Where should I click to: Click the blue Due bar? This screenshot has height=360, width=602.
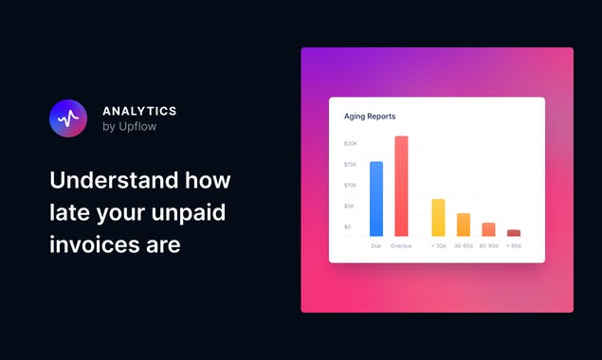[x=376, y=199]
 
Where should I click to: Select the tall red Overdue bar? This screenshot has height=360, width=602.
[x=401, y=187]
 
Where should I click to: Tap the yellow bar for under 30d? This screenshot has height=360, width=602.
[x=438, y=218]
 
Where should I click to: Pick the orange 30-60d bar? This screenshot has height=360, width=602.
[x=464, y=225]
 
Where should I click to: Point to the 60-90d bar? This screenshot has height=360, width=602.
[x=488, y=229]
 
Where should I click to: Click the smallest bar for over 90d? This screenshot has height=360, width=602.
[x=514, y=233]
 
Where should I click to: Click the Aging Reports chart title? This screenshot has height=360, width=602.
[x=370, y=117]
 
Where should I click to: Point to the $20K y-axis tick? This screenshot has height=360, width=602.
[x=350, y=144]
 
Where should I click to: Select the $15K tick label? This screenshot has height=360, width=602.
[x=350, y=165]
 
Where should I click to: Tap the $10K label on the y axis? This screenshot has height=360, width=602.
[x=350, y=186]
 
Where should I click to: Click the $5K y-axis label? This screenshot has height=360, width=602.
[x=349, y=207]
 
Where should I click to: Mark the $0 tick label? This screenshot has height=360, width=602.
[x=347, y=227]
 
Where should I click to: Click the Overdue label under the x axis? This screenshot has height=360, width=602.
[x=401, y=246]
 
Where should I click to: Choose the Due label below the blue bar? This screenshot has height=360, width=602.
[x=376, y=246]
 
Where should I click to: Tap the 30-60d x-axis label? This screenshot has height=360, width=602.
[x=464, y=246]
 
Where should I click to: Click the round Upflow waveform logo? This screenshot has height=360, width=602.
[x=67, y=118]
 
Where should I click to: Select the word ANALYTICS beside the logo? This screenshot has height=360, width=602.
[x=139, y=111]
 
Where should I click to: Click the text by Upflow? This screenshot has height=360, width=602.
[x=129, y=127]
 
